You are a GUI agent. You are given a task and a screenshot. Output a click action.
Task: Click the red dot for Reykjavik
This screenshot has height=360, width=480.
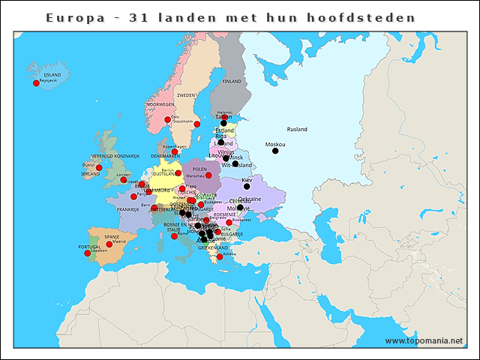coord(36,83)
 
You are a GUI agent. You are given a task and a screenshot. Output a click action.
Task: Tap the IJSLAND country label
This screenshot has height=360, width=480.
coord(52,76)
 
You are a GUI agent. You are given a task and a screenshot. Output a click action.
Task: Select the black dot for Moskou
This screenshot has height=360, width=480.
coord(275,151)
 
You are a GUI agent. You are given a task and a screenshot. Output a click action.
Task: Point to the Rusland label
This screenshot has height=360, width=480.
coord(297,129)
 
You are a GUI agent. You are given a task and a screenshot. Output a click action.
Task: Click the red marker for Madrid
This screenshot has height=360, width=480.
coord(109,244)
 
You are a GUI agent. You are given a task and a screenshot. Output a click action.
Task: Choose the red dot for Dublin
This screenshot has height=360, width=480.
coord(98,168)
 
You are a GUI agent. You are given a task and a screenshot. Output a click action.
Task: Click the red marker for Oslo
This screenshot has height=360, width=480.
coord(167,120)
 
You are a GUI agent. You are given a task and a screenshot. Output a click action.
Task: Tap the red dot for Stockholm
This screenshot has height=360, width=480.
coord(197,124)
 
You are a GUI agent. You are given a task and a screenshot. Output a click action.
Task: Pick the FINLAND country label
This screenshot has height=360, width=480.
coord(232,81)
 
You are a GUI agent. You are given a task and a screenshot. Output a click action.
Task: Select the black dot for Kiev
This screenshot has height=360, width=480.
coord(247,187)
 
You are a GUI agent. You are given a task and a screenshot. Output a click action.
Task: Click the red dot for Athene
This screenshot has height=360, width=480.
coord(220,257)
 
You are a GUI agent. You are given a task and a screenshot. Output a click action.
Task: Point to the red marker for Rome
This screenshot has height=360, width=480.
coord(174,236)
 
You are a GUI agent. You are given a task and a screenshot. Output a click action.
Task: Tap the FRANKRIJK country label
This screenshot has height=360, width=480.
coord(128,209)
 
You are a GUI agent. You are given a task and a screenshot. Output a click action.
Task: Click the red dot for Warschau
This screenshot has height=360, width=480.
coord(208,176)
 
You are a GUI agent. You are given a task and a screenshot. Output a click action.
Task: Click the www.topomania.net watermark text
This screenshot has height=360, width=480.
coord(424,340)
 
